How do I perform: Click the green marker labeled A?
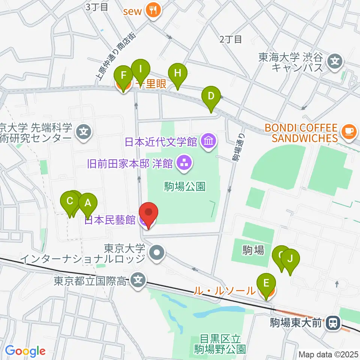(x=88, y=204)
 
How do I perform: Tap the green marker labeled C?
(x=69, y=201)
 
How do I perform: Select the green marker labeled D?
(x=211, y=96)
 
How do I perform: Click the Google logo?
(x=25, y=351)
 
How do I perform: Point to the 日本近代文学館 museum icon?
(x=207, y=141)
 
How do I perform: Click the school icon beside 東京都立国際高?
(x=139, y=280)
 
